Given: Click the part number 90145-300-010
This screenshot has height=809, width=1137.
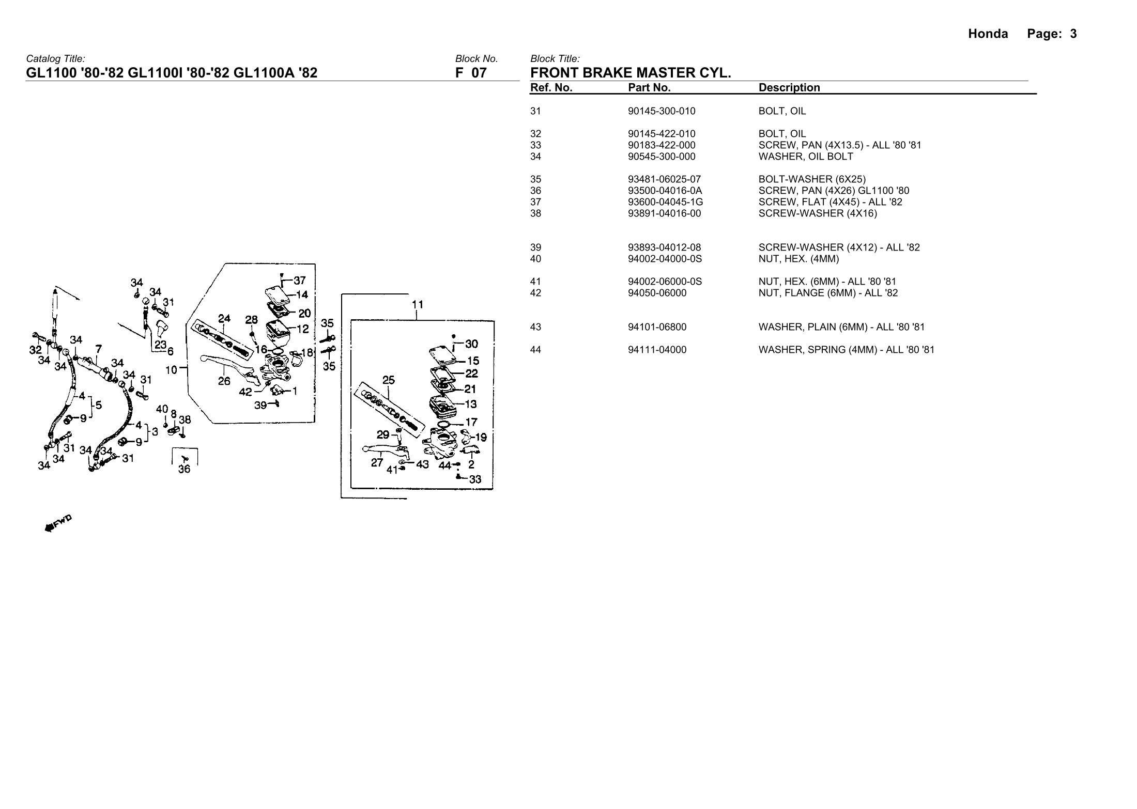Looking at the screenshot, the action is click(662, 111).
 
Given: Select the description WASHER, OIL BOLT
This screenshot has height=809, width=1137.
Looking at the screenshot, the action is click(806, 157).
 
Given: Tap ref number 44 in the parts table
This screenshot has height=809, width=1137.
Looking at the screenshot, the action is click(536, 350).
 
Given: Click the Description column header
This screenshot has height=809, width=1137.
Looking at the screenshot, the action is click(789, 88).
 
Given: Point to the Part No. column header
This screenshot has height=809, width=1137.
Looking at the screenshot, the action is click(649, 88).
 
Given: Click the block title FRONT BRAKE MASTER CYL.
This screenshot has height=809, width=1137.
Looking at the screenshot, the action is click(631, 73).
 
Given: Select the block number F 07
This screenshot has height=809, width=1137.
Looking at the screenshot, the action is click(471, 73).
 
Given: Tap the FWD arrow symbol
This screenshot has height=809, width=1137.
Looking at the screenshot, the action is click(58, 523).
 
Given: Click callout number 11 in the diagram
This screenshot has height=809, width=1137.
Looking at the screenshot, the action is click(417, 305).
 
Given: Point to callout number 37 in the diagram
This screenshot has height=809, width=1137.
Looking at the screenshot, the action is click(300, 281).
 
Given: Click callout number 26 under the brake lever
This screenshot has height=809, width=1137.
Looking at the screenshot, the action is click(224, 381).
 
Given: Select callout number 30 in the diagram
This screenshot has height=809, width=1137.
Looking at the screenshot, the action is click(471, 344).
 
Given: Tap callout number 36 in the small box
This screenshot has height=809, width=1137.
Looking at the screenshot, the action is click(184, 469).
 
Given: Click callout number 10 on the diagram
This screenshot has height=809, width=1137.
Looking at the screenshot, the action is click(171, 370).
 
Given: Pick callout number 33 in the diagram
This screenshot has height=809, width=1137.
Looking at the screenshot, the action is click(475, 480).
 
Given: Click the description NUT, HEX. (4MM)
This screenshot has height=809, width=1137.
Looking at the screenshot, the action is click(799, 259).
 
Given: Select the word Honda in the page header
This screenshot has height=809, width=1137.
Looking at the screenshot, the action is click(988, 34).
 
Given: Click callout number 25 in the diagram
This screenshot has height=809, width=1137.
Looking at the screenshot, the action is click(388, 381).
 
